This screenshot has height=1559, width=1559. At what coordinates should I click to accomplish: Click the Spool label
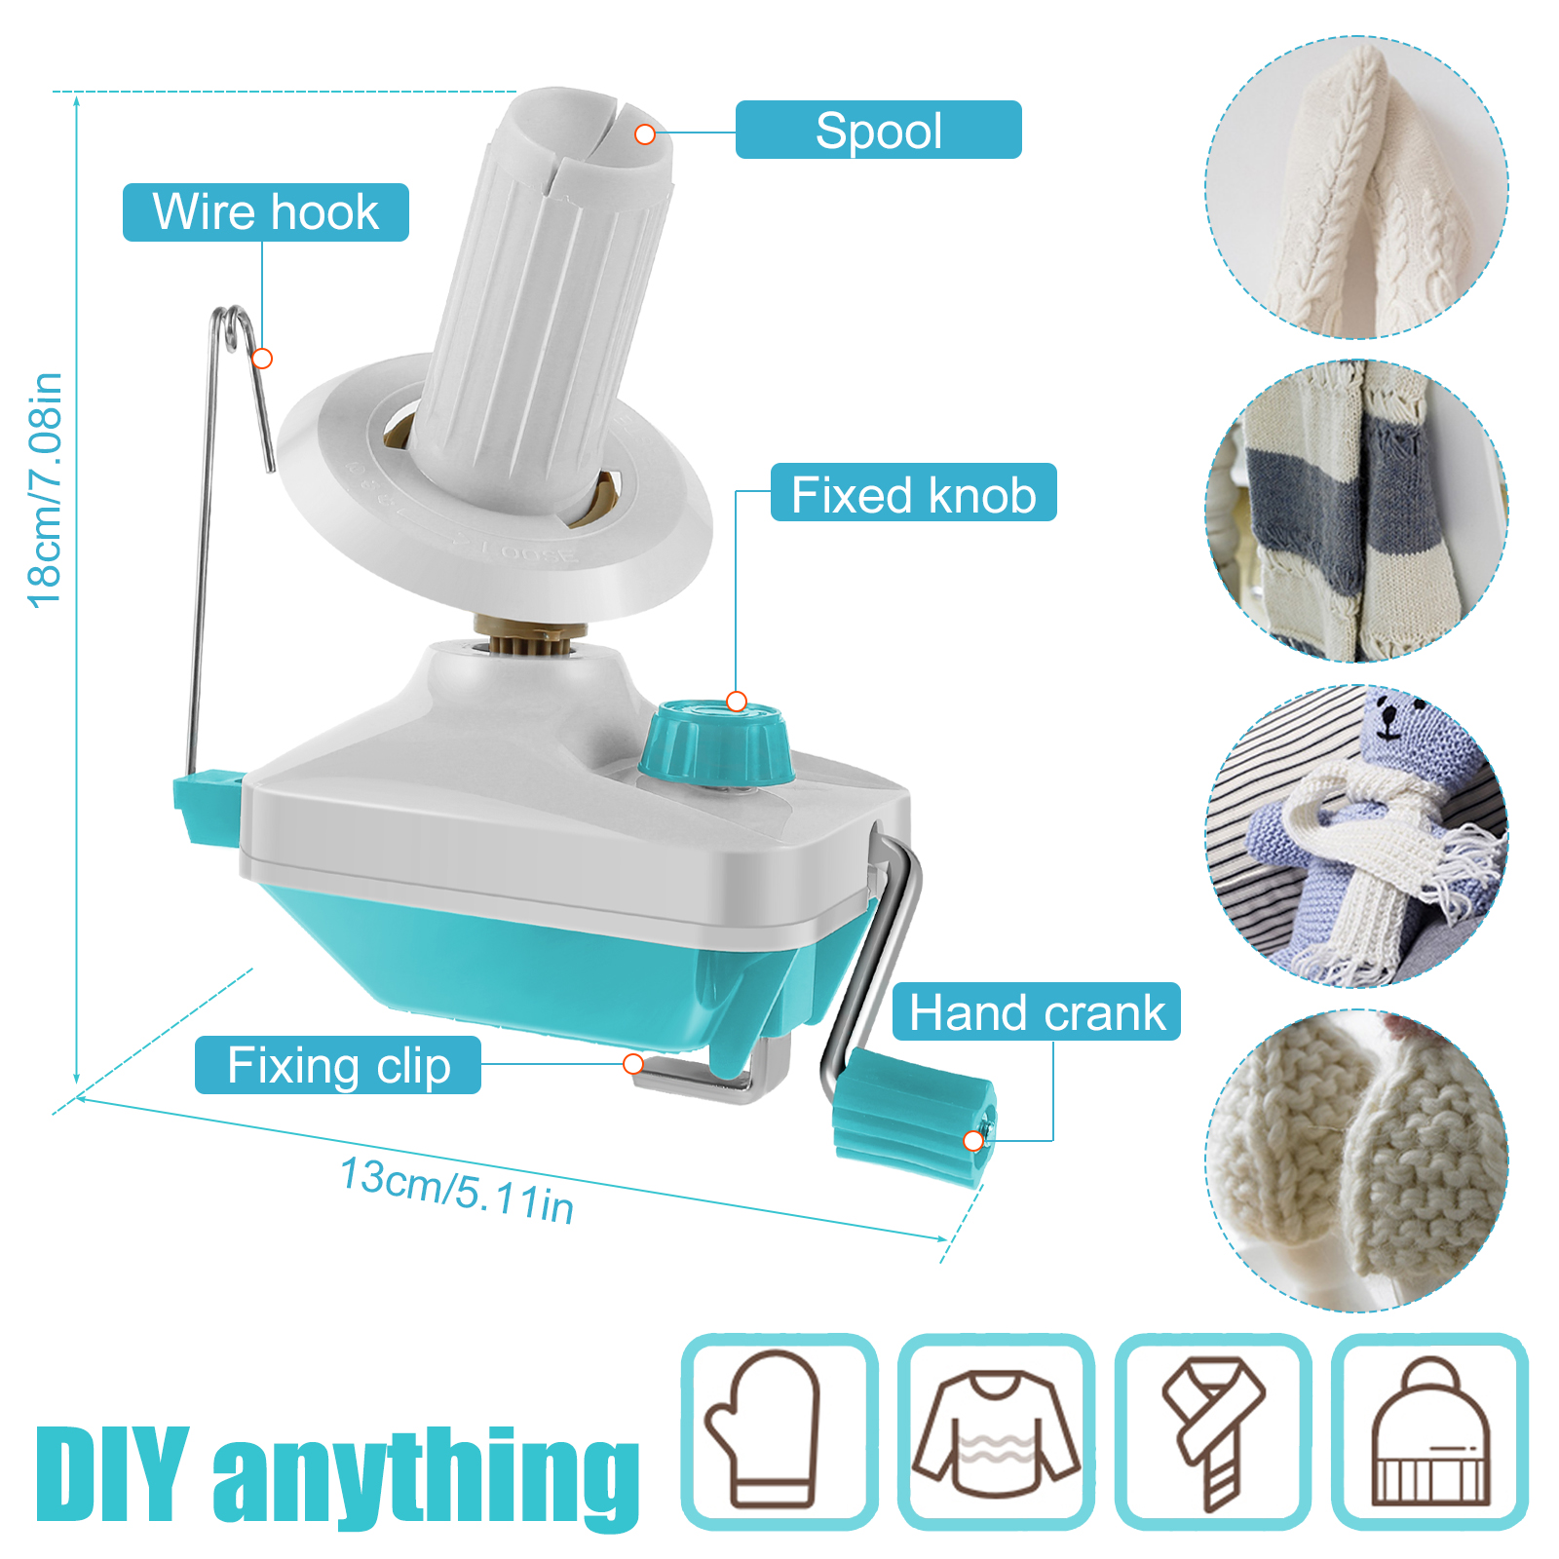(878, 131)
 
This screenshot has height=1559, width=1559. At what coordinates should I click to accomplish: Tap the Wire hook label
(265, 212)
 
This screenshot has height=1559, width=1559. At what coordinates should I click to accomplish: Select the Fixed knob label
(913, 494)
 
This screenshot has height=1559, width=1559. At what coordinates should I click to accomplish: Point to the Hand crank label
(1037, 1012)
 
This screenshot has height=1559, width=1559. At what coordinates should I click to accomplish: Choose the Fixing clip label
(338, 1065)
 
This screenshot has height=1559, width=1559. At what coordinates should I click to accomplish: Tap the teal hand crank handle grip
(913, 1118)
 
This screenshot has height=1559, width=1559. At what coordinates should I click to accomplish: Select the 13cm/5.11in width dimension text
(456, 1190)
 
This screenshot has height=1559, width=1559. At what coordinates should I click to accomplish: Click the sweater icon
(996, 1430)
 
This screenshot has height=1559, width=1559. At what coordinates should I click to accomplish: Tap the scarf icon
(1212, 1430)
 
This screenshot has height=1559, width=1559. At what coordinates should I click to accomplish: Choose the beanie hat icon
(1429, 1430)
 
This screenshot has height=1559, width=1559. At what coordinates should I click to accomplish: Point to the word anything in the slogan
(427, 1476)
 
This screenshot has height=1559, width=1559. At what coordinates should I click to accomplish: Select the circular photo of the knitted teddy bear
(1356, 836)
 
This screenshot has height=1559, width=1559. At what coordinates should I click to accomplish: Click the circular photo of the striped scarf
(1356, 511)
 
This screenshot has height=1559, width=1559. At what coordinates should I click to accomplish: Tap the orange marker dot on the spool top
(645, 134)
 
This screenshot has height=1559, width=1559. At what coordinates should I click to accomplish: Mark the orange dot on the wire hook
(262, 359)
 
